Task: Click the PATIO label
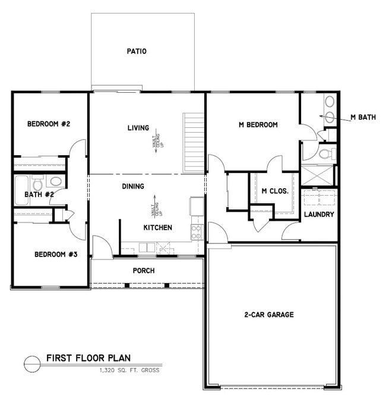137,51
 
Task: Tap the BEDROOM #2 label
49,124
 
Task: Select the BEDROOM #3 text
56,255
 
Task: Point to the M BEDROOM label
258,125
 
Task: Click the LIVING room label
138,128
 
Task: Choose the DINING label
133,186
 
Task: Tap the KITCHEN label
158,228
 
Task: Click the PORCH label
144,271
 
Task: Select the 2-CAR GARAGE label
269,315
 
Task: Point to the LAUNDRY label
319,214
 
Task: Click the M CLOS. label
275,192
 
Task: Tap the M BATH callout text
363,117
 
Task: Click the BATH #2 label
40,195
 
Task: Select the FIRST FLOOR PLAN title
88,359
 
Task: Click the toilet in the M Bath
324,154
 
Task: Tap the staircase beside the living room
194,142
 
